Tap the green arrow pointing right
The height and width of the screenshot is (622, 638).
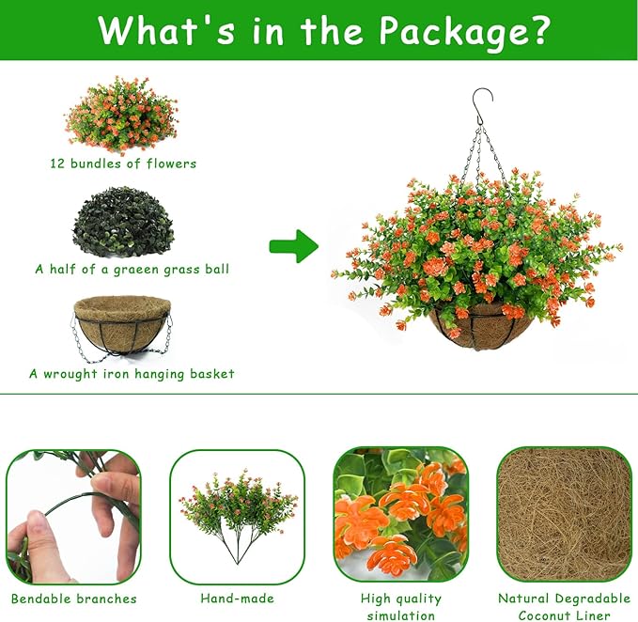pyautogui.click(x=294, y=246)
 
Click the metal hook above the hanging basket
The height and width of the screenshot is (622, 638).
pyautogui.click(x=483, y=106)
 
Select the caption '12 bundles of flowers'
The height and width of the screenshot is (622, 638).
pyautogui.click(x=123, y=163)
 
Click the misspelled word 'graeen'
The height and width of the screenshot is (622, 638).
pyautogui.click(x=137, y=270)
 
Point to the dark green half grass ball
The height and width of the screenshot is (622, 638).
pyautogui.click(x=123, y=222)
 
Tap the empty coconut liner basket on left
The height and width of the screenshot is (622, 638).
pyautogui.click(x=122, y=328)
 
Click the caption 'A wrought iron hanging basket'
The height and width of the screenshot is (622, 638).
pyautogui.click(x=132, y=374)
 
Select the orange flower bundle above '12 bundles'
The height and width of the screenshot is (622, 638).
pyautogui.click(x=121, y=116)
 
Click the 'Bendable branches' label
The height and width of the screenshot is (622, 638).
pyautogui.click(x=74, y=599)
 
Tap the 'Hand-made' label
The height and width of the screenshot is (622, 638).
pyautogui.click(x=237, y=599)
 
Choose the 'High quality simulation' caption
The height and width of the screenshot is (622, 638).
pyautogui.click(x=401, y=607)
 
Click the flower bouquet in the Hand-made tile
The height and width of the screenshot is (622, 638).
pyautogui.click(x=238, y=517)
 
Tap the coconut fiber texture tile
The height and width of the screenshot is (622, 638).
pyautogui.click(x=564, y=514)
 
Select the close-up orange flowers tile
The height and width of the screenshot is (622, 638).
pyautogui.click(x=401, y=514)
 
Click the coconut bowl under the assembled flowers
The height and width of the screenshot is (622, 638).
pyautogui.click(x=482, y=329)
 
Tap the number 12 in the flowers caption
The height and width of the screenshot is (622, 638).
pyautogui.click(x=57, y=163)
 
